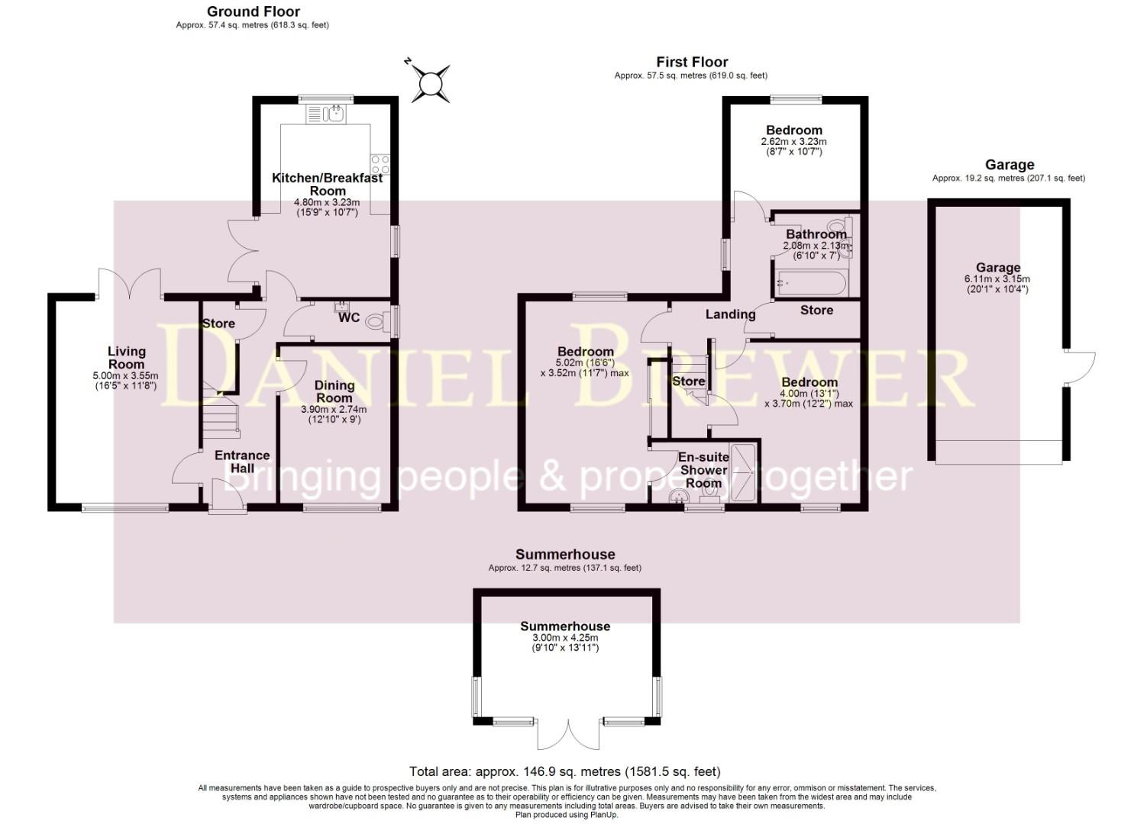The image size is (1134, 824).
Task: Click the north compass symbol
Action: (x=429, y=80)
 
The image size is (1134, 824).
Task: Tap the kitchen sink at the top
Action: (x=326, y=114)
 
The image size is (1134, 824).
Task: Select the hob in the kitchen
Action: (x=380, y=164)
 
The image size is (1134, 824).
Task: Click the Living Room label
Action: (x=126, y=357)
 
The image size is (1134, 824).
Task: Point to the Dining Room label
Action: (x=334, y=391)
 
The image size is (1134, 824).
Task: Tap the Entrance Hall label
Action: (x=242, y=462)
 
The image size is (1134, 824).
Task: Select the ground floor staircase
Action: (x=220, y=417)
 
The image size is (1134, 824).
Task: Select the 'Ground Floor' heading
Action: (x=253, y=11)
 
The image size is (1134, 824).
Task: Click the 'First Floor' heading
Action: (x=692, y=62)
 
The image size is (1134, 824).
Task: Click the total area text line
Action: (x=565, y=771)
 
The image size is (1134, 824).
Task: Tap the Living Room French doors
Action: (x=129, y=282)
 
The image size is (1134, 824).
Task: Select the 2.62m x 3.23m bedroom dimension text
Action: (x=794, y=142)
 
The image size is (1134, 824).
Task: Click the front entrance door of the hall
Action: (x=227, y=500)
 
